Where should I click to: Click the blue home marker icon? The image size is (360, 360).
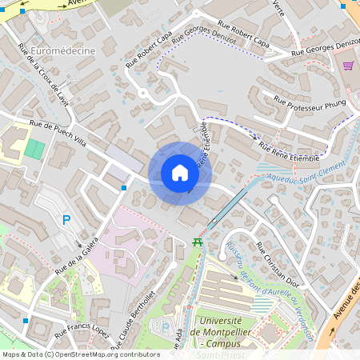tap(179, 173)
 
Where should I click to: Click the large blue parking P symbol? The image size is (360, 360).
tap(66, 220)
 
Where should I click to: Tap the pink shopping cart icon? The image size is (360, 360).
tap(348, 66)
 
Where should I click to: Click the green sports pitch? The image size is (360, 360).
tap(34, 149)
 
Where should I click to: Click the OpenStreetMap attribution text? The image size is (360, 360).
tap(81, 354)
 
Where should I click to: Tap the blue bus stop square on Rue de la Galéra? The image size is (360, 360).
tap(124, 188)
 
